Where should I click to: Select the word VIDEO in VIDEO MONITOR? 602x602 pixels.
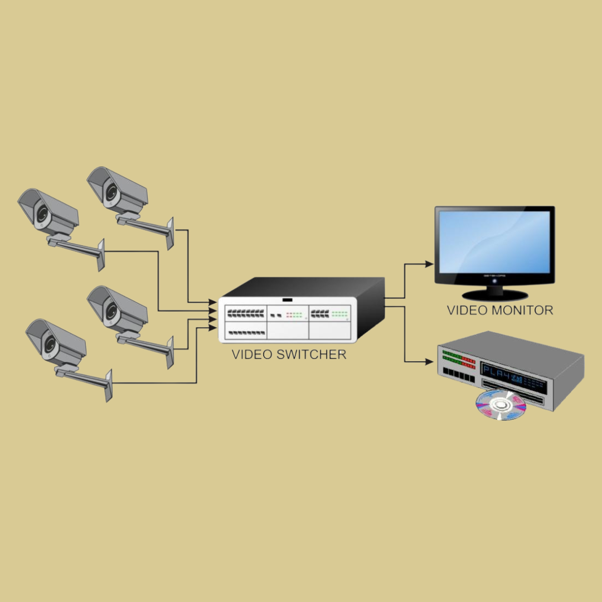click(467, 310)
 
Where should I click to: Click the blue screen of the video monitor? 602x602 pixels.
click(494, 241)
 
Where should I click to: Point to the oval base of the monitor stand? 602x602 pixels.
click(495, 294)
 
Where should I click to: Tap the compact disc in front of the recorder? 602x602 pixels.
click(501, 404)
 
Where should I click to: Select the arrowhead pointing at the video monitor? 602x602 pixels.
click(429, 264)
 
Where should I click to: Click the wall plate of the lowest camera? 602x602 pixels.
click(109, 385)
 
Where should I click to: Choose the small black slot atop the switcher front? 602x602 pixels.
click(288, 300)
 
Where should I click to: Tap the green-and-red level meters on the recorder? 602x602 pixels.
click(459, 360)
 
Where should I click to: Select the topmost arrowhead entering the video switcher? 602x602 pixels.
click(213, 302)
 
